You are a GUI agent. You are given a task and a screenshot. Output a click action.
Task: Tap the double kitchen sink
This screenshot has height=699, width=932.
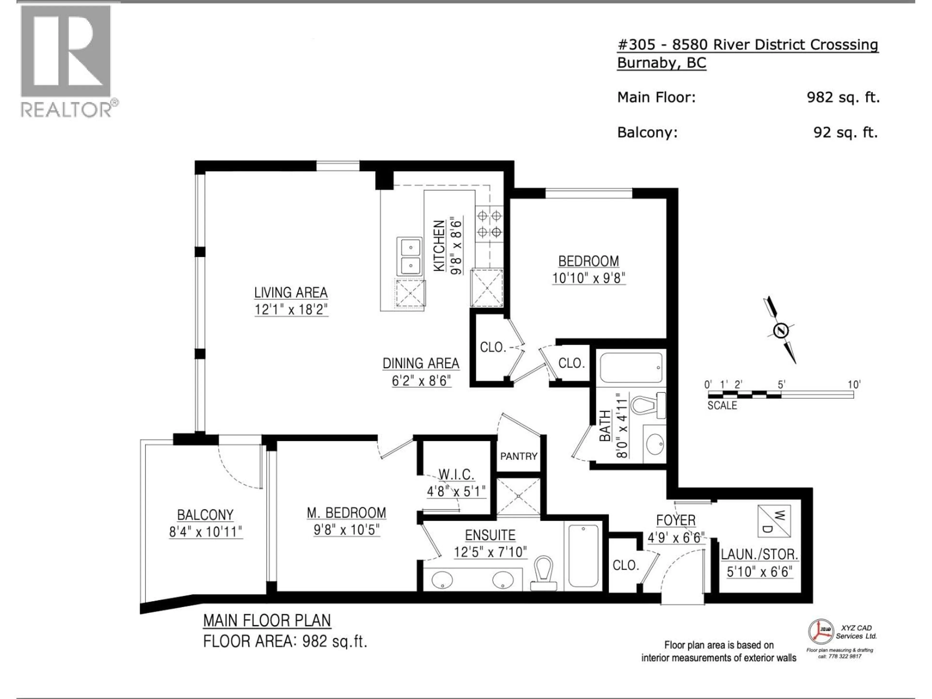(x=409, y=257)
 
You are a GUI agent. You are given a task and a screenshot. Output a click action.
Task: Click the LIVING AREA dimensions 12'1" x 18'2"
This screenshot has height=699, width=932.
(x=291, y=310)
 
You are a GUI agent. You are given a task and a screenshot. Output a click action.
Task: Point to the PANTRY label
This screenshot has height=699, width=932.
(x=519, y=456)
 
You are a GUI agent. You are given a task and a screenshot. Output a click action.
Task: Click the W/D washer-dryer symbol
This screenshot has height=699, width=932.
(x=774, y=521)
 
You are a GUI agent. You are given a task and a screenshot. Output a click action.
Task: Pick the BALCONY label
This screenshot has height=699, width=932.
(x=205, y=515)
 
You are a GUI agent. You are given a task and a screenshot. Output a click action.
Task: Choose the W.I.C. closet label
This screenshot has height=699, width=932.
(x=456, y=474)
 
